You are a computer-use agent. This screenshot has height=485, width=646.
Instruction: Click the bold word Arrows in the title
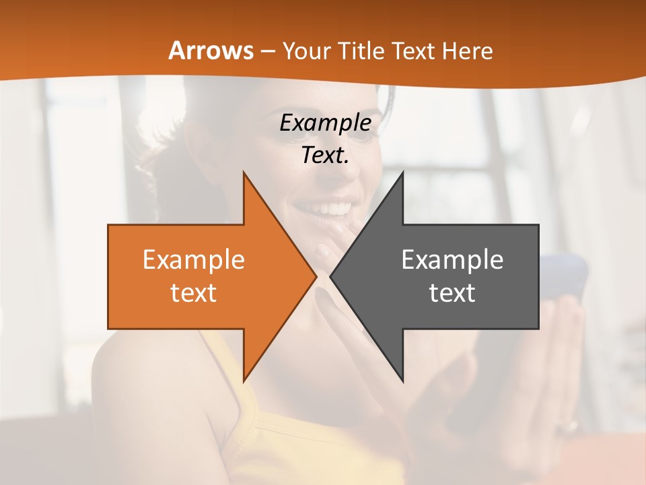pyautogui.click(x=211, y=51)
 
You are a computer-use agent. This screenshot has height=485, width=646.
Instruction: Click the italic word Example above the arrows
pyautogui.click(x=325, y=123)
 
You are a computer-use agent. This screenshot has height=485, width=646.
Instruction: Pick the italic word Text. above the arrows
pyautogui.click(x=325, y=155)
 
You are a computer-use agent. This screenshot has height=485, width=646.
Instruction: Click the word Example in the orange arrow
pyautogui.click(x=193, y=260)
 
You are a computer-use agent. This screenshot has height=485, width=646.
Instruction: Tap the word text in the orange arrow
pyautogui.click(x=193, y=292)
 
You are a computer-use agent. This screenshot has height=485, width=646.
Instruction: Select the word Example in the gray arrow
pyautogui.click(x=452, y=260)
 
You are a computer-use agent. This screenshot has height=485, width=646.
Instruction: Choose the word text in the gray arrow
pyautogui.click(x=452, y=292)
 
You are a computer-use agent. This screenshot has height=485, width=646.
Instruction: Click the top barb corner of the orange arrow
pyautogui.click(x=244, y=173)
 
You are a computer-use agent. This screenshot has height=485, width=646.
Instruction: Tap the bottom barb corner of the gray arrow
pyautogui.click(x=402, y=381)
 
